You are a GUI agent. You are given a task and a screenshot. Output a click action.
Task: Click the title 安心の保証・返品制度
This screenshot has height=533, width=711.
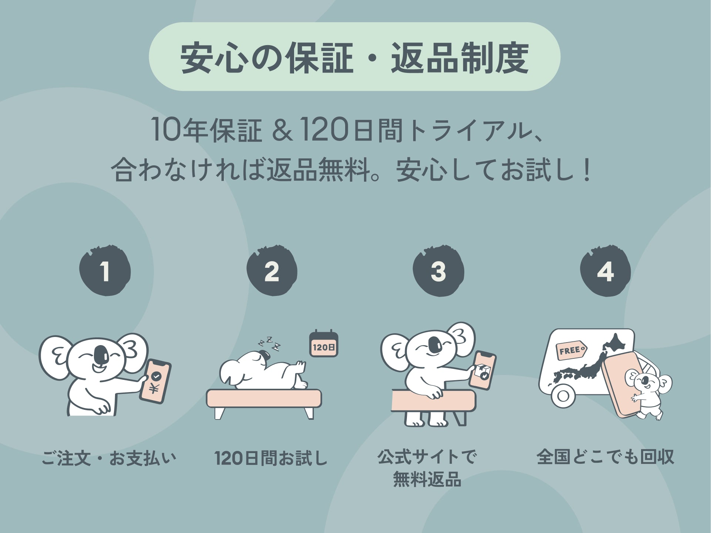click(354, 57)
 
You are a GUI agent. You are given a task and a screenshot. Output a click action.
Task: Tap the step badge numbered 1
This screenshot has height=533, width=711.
click(105, 270)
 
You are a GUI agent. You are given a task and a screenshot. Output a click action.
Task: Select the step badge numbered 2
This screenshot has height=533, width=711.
click(272, 270)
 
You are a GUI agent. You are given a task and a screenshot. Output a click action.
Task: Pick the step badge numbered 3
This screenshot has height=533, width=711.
click(438, 270)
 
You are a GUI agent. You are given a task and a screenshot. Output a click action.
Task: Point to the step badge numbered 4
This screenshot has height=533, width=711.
click(606, 270)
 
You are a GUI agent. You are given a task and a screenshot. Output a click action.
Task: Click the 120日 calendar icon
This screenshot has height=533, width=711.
click(324, 344)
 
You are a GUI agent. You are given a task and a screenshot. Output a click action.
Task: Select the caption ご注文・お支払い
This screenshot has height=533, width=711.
click(109, 458)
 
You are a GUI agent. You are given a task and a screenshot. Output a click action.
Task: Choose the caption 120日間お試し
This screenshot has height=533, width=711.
click(271, 458)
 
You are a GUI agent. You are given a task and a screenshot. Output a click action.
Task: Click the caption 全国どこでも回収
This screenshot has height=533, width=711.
click(606, 457)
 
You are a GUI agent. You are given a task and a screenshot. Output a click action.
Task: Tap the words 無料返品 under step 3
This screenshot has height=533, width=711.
click(427, 479)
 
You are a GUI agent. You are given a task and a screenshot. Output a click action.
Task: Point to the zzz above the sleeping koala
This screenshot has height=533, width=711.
click(269, 344)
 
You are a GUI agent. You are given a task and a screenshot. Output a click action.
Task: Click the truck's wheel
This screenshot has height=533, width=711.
click(563, 396)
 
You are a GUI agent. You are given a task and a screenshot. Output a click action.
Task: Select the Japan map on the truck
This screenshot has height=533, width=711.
click(588, 362)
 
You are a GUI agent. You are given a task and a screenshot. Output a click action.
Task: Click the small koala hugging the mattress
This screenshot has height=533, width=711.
click(648, 394)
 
